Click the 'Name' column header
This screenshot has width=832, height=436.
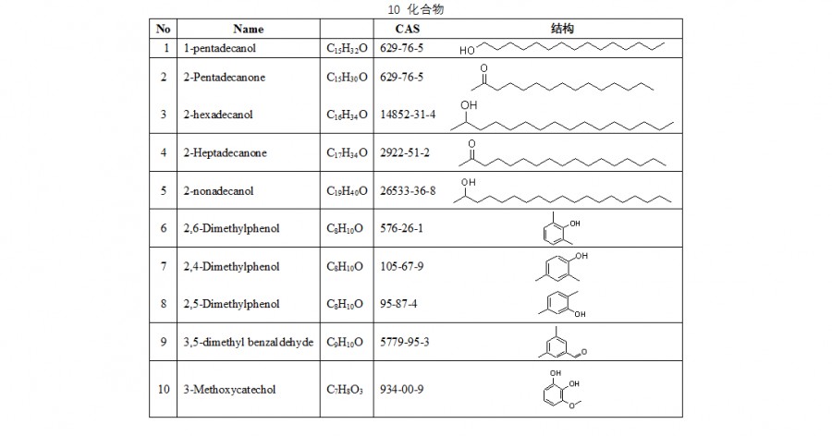pos(248,29)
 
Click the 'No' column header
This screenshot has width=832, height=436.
pos(163,29)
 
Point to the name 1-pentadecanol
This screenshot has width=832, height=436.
pos(218,47)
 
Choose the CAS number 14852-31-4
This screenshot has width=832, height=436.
pos(408,115)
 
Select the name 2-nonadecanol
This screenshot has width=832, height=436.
pos(218,191)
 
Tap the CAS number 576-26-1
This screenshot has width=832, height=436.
pos(400,228)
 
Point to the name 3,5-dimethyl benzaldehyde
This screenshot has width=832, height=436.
pos(248,342)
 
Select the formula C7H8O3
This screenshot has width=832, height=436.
pos(344,390)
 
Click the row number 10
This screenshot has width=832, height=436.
pos(164,390)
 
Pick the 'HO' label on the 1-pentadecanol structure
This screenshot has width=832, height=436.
pos(467,49)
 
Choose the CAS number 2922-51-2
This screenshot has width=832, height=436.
pos(404,152)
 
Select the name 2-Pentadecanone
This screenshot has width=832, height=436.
pos(224,78)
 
